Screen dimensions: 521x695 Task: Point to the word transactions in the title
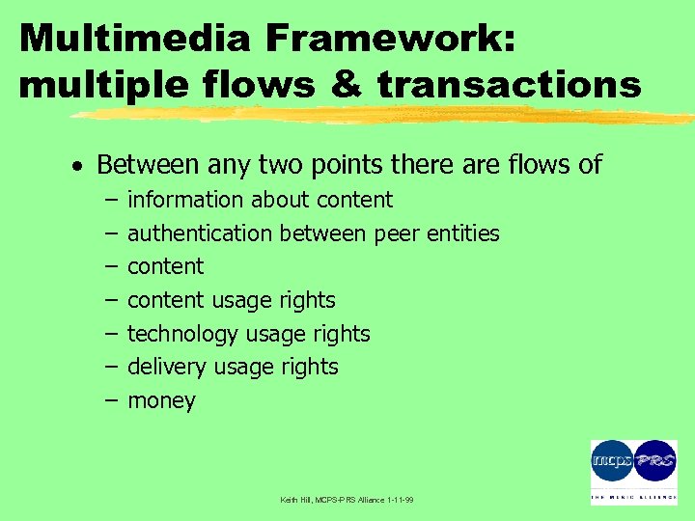coord(509,85)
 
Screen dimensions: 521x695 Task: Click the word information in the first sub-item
coord(186,200)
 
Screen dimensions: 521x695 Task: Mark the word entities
coord(464,233)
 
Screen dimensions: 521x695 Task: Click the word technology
coord(182,334)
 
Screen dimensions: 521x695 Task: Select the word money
coord(161,401)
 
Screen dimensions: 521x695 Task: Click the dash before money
coord(109,399)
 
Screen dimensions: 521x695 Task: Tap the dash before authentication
coord(109,233)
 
